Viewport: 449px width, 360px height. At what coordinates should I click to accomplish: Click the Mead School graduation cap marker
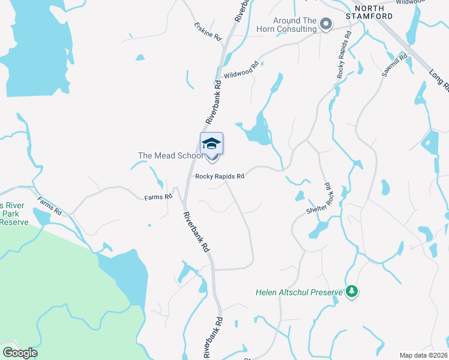(211, 144)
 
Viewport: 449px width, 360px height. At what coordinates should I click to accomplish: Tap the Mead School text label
(171, 155)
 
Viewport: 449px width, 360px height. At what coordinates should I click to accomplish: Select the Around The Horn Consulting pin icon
(326, 24)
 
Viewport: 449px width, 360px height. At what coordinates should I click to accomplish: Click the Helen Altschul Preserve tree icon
(352, 292)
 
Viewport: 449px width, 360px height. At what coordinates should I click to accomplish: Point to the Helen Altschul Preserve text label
(298, 293)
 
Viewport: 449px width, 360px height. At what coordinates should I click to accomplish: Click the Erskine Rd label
(208, 32)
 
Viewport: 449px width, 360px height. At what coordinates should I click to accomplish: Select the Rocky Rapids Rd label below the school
(220, 176)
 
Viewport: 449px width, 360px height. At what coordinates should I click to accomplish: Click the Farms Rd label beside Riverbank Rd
(158, 197)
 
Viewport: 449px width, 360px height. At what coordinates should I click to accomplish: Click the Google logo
(20, 353)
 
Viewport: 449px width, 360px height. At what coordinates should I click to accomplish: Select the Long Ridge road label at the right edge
(438, 81)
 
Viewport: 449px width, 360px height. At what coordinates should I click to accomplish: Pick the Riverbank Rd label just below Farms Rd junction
(196, 232)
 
